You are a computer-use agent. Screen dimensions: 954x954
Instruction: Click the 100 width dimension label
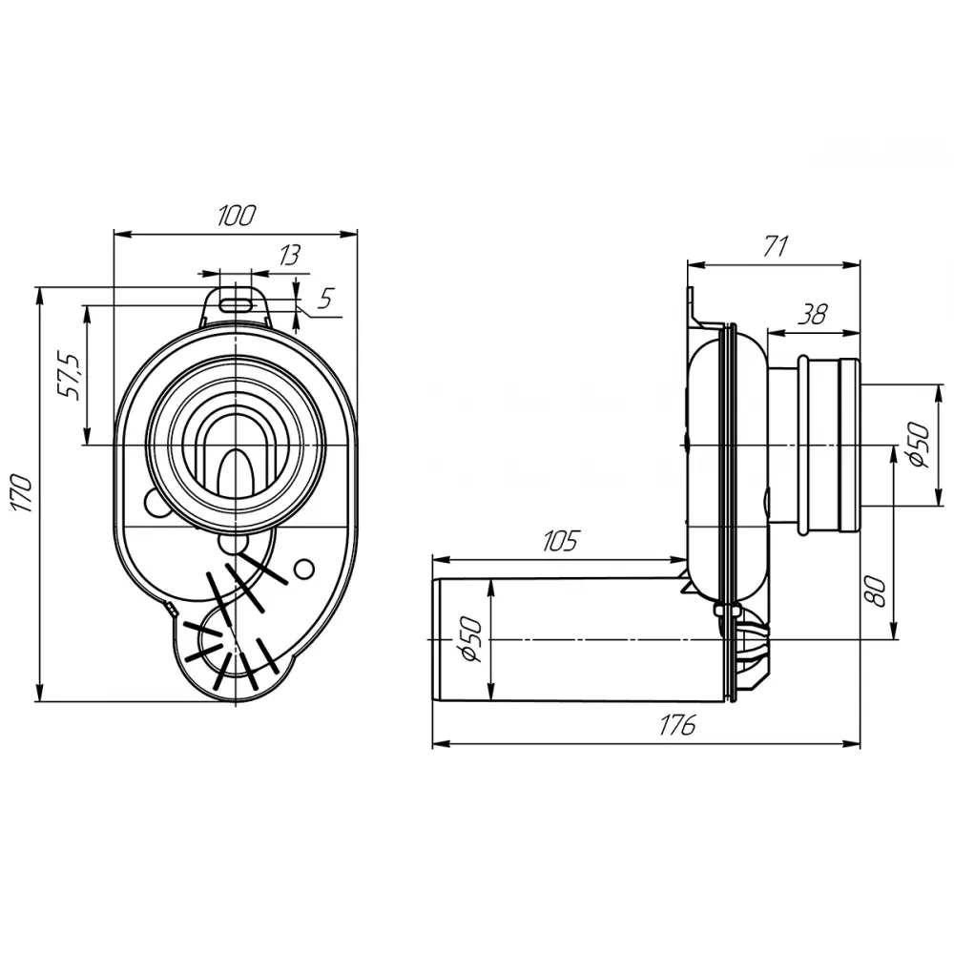click(237, 216)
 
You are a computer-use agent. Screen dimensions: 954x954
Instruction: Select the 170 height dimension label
click(23, 493)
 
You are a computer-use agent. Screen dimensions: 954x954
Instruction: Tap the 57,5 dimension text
click(69, 375)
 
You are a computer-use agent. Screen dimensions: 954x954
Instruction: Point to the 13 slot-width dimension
click(290, 256)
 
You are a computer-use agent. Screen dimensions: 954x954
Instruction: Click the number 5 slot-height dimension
click(326, 299)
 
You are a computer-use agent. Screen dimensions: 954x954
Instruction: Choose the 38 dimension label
click(813, 315)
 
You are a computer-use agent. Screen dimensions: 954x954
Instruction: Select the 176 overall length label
click(676, 726)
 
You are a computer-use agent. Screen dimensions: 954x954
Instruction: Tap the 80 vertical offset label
click(874, 591)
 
